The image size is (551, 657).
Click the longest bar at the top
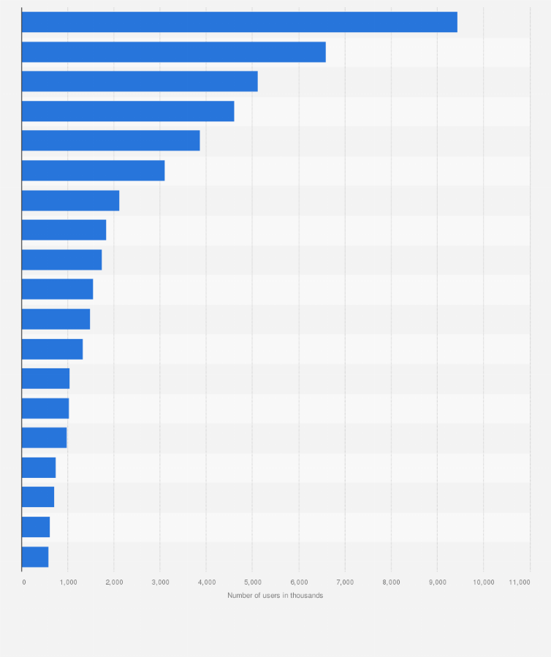coord(239,23)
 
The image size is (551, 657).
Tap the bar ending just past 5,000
coord(140,82)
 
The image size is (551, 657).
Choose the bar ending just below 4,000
coord(110,141)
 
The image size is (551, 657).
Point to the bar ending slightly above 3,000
coord(93,171)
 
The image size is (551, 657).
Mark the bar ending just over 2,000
coord(70,200)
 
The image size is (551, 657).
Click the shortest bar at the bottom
coord(35,557)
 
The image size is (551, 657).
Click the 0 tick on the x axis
coord(24,582)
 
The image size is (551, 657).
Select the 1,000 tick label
coord(68,582)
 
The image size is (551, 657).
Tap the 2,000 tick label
coord(114,582)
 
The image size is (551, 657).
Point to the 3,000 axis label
coord(160,582)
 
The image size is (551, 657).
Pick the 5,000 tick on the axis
coord(252,582)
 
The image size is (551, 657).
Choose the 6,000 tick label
coord(299,582)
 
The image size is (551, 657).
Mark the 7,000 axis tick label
coord(345,582)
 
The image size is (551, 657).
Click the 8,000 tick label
coord(391,582)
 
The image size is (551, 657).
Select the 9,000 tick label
coord(437,582)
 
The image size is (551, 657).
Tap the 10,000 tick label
coord(483,582)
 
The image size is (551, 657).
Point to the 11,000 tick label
coord(520,582)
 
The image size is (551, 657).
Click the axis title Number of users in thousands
coord(275,596)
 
